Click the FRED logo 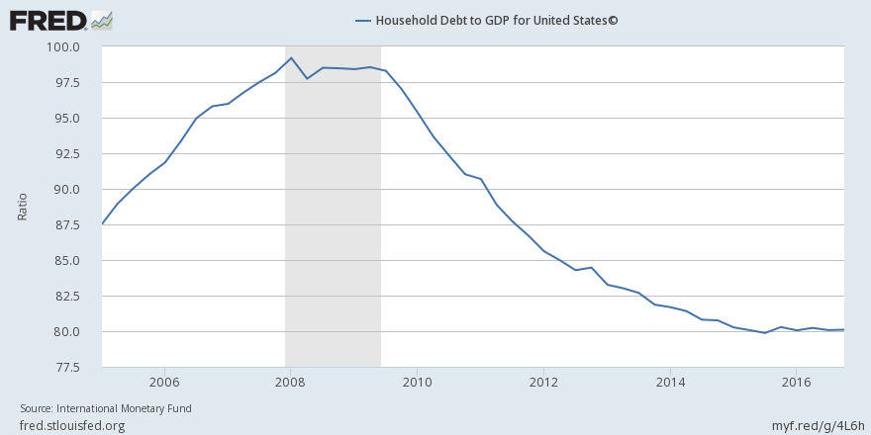[48, 19]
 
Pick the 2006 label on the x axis [164, 382]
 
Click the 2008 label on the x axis [291, 382]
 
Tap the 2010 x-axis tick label [418, 382]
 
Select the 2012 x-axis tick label [544, 382]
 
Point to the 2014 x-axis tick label [671, 382]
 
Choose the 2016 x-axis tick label [798, 382]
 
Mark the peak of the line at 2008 [291, 57]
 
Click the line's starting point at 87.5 [102, 224]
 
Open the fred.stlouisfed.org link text [72, 425]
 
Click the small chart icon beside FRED [101, 19]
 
